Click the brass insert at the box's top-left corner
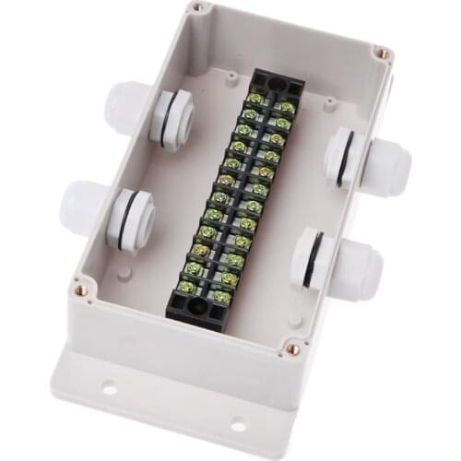(196, 7)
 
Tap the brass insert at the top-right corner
(380, 53)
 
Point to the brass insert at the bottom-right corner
(293, 349)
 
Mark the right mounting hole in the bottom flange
(237, 425)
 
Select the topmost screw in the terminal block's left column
(255, 100)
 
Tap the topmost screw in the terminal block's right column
(287, 108)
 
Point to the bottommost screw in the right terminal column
(221, 297)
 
